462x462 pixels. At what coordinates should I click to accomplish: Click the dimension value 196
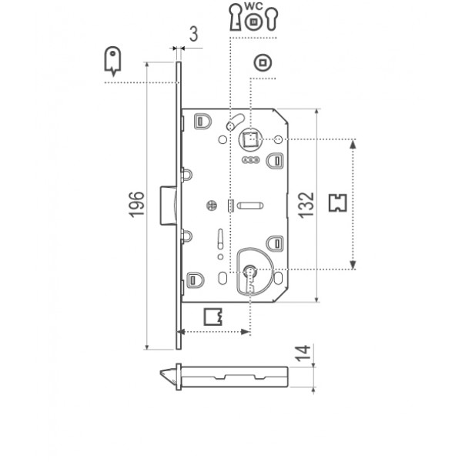pos(137,205)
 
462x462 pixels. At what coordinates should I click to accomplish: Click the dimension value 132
pos(306,205)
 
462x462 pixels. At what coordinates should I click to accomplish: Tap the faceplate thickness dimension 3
pos(193,34)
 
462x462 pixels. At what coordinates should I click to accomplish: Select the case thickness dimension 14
pos(303,353)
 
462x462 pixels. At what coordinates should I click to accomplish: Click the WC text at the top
pos(253,6)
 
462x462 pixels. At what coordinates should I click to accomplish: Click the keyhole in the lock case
pos(249,278)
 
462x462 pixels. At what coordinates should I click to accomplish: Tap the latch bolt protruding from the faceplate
pos(169,206)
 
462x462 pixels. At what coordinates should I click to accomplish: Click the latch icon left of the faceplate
pos(112,60)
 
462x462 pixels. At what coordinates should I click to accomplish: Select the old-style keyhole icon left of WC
pos(236,17)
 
